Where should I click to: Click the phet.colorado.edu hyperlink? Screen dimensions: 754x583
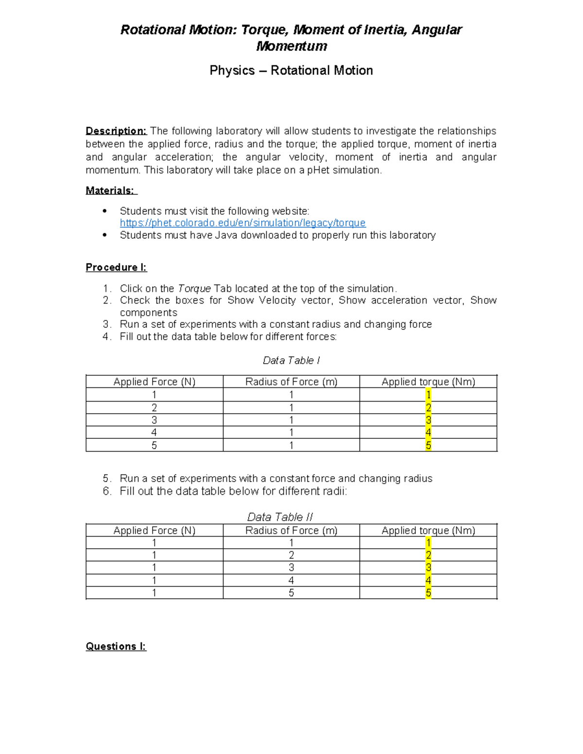tap(242, 223)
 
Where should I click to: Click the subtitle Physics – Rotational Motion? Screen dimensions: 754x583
tap(291, 70)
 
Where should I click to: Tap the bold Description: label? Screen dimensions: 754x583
tap(116, 131)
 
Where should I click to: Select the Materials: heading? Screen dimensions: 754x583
tap(111, 190)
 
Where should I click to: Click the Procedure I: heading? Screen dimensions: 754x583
tap(116, 267)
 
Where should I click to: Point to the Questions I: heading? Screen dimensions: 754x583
tap(116, 646)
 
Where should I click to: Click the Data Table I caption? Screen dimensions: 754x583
tap(291, 360)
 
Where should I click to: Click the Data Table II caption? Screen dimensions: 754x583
tap(280, 517)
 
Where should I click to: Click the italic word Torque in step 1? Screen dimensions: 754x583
tap(194, 288)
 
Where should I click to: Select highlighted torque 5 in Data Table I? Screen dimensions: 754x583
tap(428, 445)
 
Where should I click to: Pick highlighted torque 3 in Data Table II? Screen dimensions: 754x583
tap(428, 568)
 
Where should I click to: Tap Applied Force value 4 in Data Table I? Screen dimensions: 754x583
tap(154, 433)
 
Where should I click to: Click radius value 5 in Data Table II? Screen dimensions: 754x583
tap(291, 593)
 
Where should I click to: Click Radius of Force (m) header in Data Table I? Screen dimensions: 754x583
tap(291, 382)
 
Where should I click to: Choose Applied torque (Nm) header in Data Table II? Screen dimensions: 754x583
tap(428, 530)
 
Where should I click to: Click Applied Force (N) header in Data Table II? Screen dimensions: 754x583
tap(154, 530)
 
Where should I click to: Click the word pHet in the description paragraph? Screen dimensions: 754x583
tap(318, 170)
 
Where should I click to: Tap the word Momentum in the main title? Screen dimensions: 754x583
tap(291, 46)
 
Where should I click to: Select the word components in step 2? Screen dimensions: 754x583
tap(148, 313)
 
